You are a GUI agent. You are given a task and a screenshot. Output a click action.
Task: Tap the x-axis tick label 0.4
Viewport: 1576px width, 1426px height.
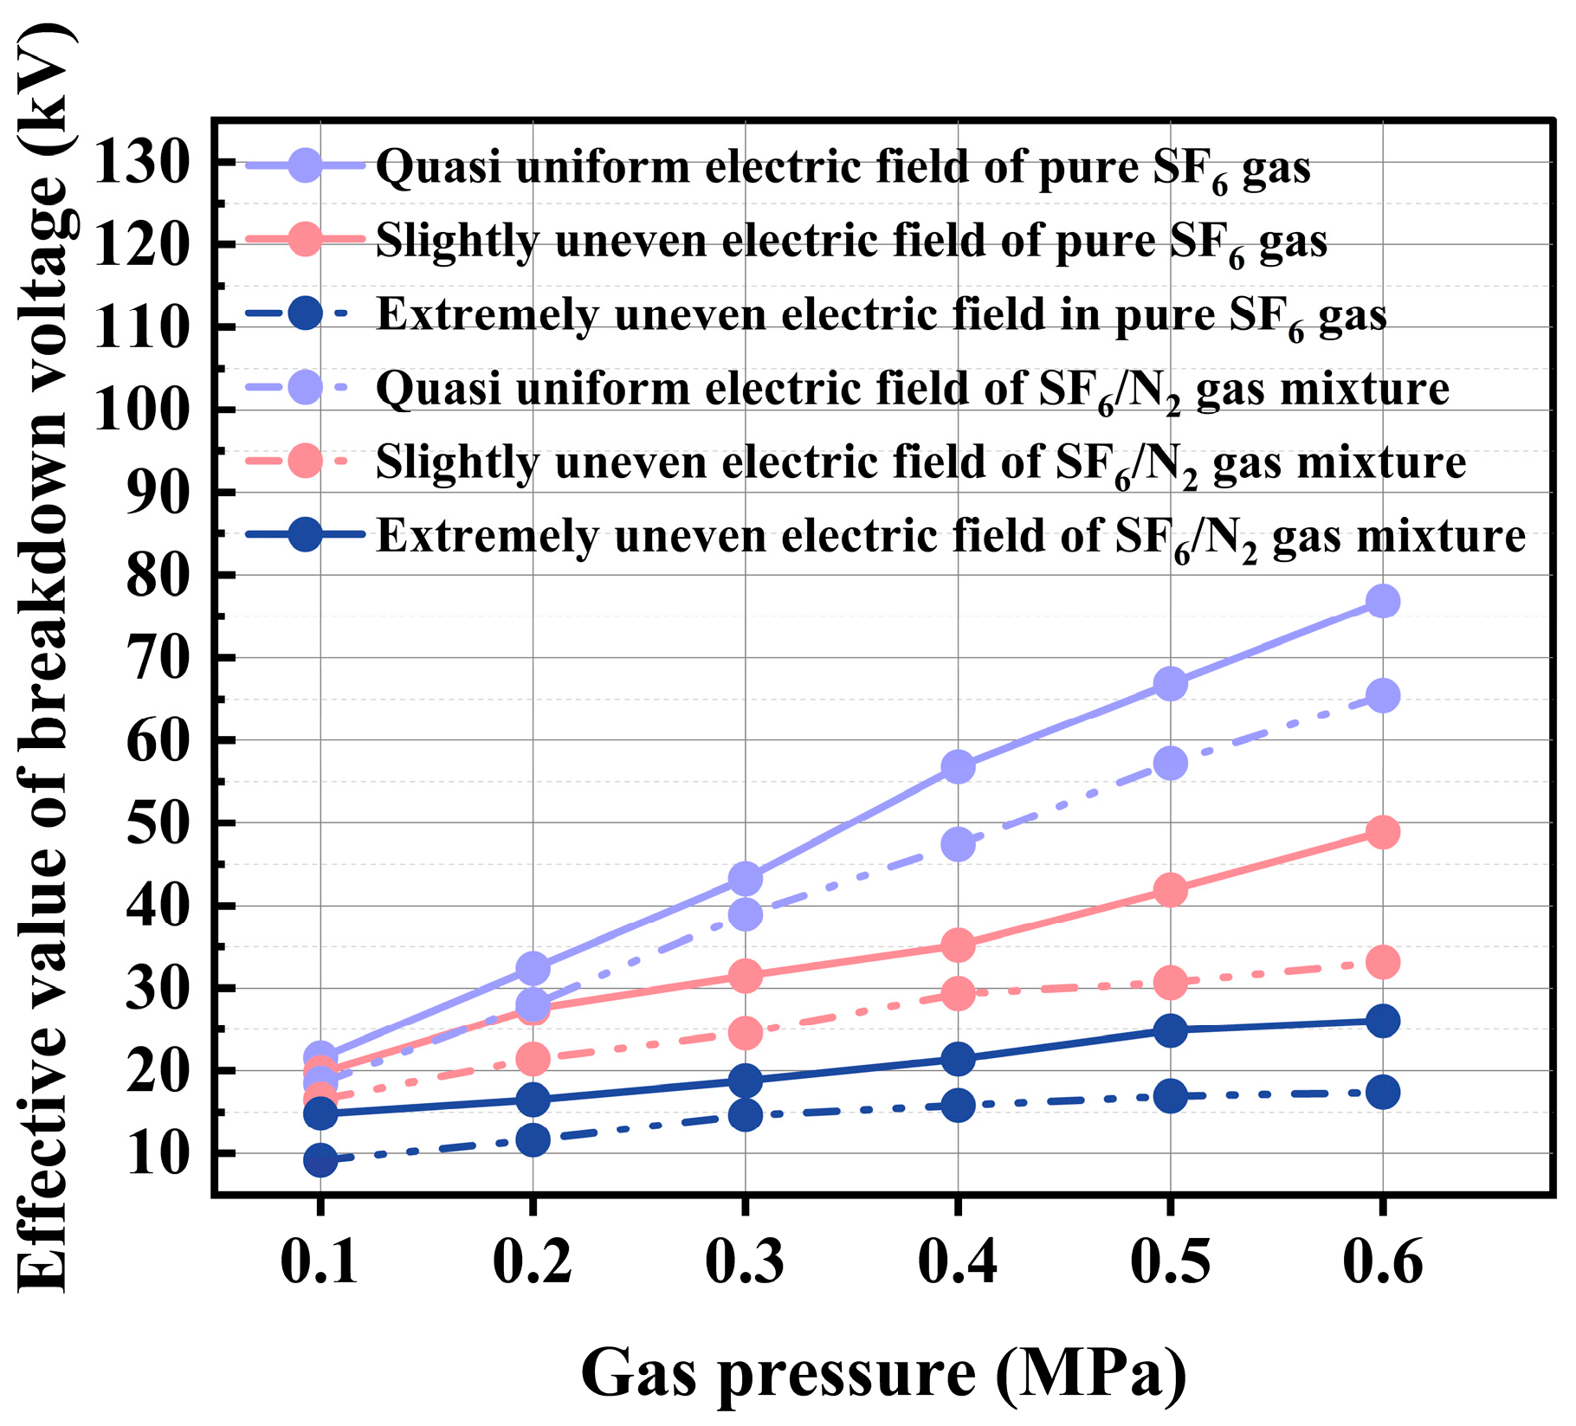point(957,1261)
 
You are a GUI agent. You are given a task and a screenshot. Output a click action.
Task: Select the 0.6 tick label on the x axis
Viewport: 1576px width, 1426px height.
point(1382,1261)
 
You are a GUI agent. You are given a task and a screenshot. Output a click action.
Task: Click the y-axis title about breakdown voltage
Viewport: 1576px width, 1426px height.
point(43,658)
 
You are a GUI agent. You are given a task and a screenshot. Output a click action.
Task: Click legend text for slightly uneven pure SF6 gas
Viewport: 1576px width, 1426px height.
point(851,241)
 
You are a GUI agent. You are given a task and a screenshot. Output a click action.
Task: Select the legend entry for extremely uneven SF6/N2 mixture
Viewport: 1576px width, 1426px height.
point(950,537)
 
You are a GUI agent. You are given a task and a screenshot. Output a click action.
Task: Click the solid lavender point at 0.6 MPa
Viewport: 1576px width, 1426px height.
point(1382,601)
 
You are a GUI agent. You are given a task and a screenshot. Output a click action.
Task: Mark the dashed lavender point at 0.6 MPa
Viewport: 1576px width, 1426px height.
point(1382,695)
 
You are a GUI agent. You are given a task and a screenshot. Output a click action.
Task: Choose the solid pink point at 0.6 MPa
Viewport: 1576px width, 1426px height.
point(1382,832)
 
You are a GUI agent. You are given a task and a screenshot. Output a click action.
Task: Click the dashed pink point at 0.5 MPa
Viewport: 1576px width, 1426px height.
point(1170,983)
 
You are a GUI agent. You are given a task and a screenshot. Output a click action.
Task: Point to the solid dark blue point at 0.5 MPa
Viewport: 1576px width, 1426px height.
point(1170,1030)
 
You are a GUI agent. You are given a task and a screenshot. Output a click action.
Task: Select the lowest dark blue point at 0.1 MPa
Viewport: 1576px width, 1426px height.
point(320,1159)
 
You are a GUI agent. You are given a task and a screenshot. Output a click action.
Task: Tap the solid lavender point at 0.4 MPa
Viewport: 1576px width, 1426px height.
point(958,767)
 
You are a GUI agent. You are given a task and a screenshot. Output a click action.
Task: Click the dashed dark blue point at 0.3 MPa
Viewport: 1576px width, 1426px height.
point(745,1114)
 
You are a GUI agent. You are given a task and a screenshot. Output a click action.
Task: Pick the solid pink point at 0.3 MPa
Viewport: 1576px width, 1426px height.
point(745,977)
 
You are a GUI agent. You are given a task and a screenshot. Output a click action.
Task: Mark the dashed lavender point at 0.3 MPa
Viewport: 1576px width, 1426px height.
point(745,914)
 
